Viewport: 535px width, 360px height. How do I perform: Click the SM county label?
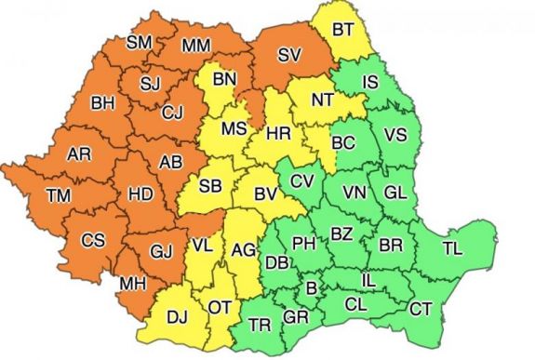(141, 43)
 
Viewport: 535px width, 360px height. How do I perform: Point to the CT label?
(421, 309)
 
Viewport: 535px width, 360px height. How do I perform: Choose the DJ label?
(177, 316)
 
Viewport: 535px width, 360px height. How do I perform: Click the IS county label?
(369, 82)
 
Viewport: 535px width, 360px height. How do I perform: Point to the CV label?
(301, 180)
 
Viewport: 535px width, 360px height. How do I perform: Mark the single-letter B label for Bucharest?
(311, 290)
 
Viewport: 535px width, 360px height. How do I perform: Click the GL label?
(395, 193)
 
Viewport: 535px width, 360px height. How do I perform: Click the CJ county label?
(171, 113)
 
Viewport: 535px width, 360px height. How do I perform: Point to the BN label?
(224, 80)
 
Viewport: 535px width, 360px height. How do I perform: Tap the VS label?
(395, 135)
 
